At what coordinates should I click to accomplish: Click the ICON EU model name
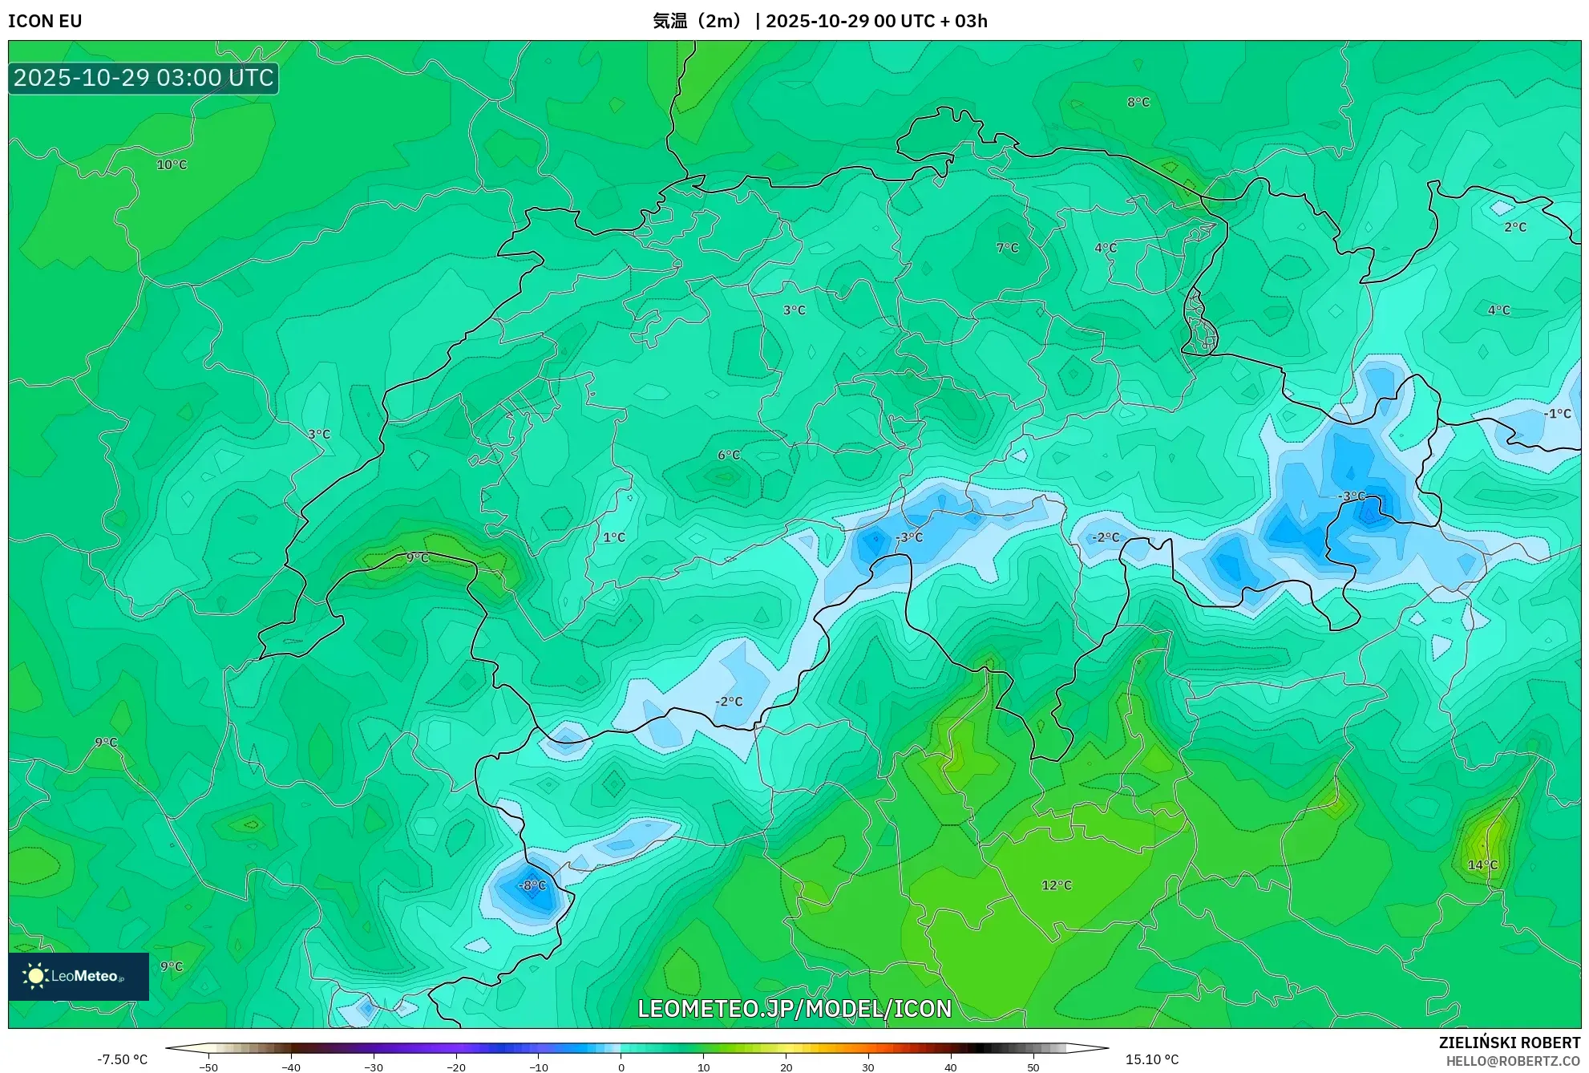click(45, 21)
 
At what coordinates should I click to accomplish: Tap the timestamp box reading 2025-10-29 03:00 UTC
click(144, 78)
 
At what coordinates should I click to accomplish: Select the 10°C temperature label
click(172, 165)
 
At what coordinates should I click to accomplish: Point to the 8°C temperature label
click(1138, 103)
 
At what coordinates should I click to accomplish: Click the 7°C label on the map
click(1008, 249)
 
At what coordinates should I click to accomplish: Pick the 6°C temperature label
click(729, 456)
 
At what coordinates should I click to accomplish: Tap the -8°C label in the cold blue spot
click(533, 885)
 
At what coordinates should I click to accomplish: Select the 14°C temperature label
click(1482, 865)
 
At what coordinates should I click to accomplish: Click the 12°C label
click(1057, 885)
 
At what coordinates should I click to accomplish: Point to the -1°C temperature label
click(1558, 414)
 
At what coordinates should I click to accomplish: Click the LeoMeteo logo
click(79, 976)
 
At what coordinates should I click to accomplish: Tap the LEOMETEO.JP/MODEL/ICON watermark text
click(794, 1009)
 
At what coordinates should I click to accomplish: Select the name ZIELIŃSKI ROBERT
click(1510, 1043)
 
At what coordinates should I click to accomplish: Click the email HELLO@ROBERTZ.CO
click(1513, 1061)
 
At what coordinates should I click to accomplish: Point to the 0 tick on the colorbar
click(621, 1067)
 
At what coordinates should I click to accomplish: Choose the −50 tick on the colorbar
click(208, 1067)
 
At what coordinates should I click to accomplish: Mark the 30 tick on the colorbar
click(868, 1067)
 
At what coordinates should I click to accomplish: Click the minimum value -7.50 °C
click(123, 1059)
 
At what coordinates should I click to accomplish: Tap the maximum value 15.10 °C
click(1152, 1059)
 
